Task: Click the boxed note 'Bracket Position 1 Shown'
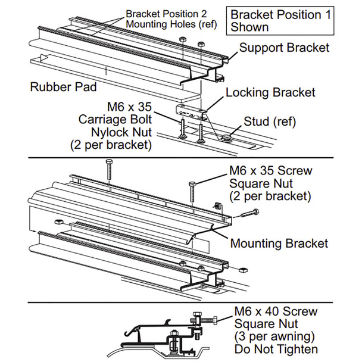click(280, 21)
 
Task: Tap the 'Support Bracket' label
click(284, 48)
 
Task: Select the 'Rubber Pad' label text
click(63, 87)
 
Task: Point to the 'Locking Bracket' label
click(270, 92)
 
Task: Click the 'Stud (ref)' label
click(270, 121)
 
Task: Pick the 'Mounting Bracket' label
click(279, 244)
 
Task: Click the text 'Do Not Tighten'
click(276, 349)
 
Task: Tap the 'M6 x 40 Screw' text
click(276, 311)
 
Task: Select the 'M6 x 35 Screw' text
click(270, 171)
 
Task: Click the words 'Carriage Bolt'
click(115, 119)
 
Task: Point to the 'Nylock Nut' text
click(121, 132)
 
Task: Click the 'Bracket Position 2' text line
click(166, 14)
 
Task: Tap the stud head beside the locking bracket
click(226, 138)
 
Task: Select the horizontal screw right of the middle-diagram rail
click(249, 213)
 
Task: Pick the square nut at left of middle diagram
click(59, 222)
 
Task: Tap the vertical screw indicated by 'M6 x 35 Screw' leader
click(192, 192)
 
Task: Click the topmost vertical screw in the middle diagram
click(109, 169)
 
